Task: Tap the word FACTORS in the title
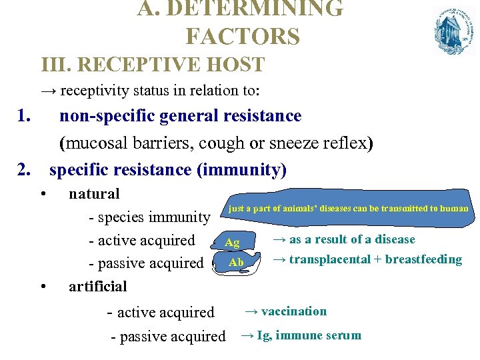coord(243,36)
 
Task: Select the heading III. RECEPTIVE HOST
coord(153,65)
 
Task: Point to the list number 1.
coord(25,116)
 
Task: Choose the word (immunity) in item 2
coord(241,169)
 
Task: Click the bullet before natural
coord(42,194)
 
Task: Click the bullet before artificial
coord(42,287)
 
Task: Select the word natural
coord(94,194)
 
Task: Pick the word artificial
coord(97,287)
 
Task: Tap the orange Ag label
coord(232,243)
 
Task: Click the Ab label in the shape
coord(236,263)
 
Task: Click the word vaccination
coord(293,311)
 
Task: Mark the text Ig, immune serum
coord(309,335)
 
